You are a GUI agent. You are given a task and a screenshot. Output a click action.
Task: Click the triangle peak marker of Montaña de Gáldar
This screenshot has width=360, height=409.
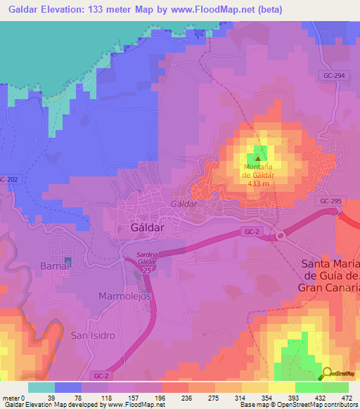pyautogui.click(x=257, y=158)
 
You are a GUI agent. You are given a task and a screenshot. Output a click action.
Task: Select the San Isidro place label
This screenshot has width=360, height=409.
pyautogui.click(x=92, y=335)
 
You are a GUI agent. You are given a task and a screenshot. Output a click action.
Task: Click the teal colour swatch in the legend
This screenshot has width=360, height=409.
pyautogui.click(x=41, y=387)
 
